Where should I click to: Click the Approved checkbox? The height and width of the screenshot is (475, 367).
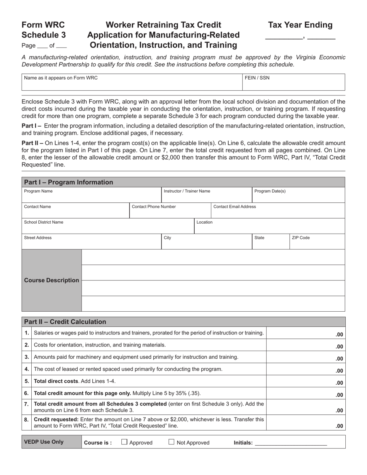click(124, 442)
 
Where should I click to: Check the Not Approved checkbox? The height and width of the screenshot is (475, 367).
click(172, 442)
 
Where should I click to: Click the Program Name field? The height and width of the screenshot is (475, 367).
click(91, 195)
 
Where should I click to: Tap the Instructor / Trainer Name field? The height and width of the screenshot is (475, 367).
click(206, 195)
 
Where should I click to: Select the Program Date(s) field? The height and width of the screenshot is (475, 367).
click(298, 195)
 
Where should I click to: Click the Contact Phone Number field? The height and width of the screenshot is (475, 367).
click(170, 211)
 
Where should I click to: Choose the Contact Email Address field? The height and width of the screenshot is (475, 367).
click(278, 211)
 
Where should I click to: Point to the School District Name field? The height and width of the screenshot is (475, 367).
click(107, 226)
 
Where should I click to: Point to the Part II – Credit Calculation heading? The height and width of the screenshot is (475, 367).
click(65, 322)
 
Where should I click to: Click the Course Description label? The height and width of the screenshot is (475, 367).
click(51, 280)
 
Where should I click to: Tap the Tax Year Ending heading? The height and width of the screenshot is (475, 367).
click(300, 25)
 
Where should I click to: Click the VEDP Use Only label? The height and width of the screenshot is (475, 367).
click(44, 442)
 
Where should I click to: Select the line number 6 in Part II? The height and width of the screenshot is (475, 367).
click(27, 393)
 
